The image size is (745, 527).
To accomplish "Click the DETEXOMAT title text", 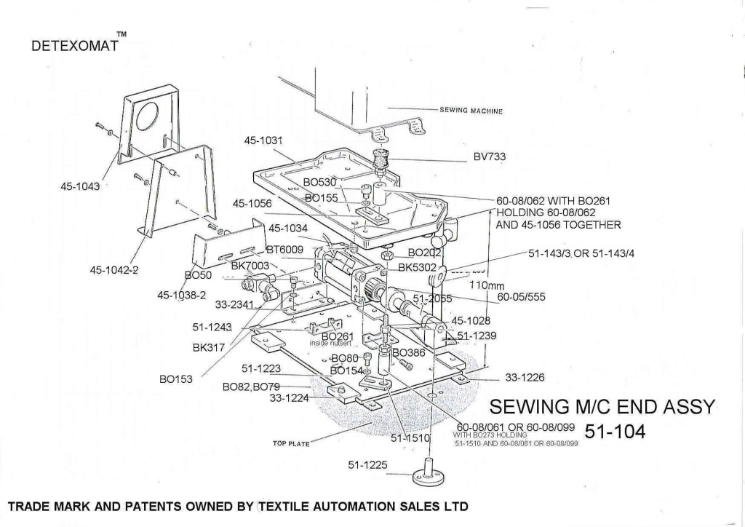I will [x=73, y=46].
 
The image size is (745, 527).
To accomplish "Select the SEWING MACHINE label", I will [x=471, y=111].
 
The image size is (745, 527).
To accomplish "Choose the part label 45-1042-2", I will [x=114, y=271].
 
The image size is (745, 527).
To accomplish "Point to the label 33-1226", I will [x=525, y=376].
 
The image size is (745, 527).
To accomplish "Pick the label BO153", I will [x=176, y=379].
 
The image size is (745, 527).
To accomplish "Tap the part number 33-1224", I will [x=289, y=397].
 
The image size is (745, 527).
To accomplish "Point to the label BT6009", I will [x=284, y=250].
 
